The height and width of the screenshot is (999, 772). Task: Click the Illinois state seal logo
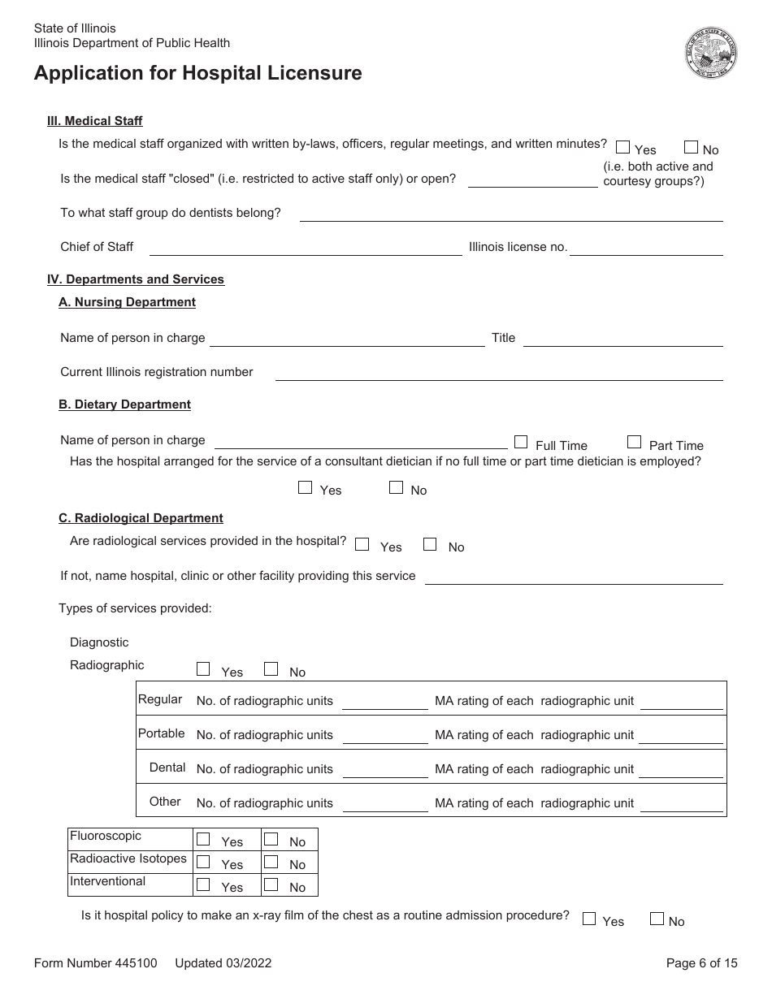(710, 52)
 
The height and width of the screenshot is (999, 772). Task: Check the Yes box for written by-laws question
(623, 148)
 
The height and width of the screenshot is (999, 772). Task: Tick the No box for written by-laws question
(691, 148)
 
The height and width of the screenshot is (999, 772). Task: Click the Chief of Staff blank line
(306, 248)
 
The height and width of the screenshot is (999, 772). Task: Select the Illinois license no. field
(646, 248)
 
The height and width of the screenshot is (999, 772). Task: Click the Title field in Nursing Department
(622, 339)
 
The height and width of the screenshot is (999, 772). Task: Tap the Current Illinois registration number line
(499, 373)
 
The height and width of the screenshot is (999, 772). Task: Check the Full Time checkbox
(521, 442)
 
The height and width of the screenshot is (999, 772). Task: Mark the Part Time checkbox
(634, 442)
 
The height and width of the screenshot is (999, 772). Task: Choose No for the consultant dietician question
(396, 487)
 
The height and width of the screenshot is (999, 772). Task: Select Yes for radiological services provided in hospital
(362, 545)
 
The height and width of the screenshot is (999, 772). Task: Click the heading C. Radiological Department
(141, 518)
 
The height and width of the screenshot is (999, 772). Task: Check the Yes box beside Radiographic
(203, 669)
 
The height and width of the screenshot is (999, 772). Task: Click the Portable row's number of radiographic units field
(384, 735)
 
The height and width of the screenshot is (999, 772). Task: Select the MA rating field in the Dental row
(681, 769)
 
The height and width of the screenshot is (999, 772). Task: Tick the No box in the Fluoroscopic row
(271, 839)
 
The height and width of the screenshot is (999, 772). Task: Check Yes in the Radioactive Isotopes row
(203, 862)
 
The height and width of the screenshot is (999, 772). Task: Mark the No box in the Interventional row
(271, 884)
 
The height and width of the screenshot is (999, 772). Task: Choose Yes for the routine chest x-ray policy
(589, 919)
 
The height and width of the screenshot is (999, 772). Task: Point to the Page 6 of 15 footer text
(701, 963)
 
